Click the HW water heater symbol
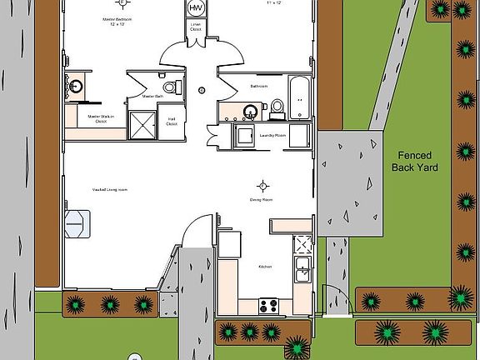point(197,8)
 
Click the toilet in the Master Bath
point(170,87)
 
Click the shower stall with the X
point(142,124)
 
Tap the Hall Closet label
point(172,122)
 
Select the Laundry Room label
point(273,135)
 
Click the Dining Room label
point(263,200)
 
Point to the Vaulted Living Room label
point(110,190)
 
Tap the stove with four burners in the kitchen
point(268,305)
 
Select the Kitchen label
point(265,267)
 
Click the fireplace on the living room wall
point(77,222)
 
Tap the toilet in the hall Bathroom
point(277,106)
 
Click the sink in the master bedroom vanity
point(76,86)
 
